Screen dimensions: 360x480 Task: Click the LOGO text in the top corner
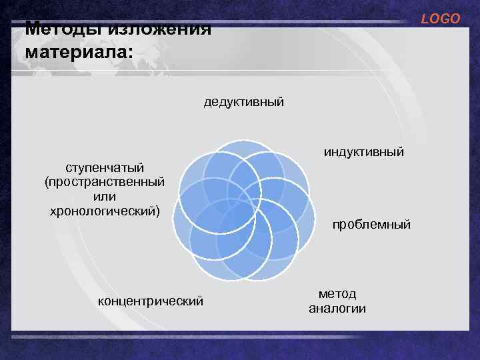(x=440, y=19)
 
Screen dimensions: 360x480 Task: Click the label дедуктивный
(x=244, y=102)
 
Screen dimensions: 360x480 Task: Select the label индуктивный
(x=364, y=153)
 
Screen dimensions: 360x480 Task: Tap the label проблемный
(x=371, y=225)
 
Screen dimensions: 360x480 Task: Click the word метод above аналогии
(x=337, y=294)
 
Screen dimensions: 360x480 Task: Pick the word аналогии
(x=337, y=309)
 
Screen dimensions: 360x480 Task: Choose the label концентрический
(x=151, y=301)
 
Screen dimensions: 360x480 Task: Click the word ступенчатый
(x=105, y=167)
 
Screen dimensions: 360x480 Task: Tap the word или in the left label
(x=105, y=197)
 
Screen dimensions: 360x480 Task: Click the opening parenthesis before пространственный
(x=47, y=182)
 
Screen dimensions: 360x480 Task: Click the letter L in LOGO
(x=425, y=19)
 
